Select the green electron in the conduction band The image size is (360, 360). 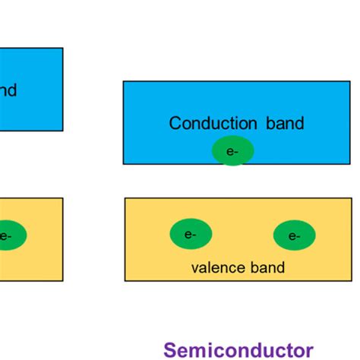click(x=232, y=151)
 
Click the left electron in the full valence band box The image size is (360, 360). click(x=191, y=234)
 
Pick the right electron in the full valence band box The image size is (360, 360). click(x=294, y=235)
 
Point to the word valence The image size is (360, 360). click(x=216, y=267)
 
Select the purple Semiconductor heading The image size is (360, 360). click(x=238, y=349)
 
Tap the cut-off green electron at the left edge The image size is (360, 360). click(x=9, y=235)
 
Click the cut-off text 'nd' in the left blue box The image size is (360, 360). click(x=8, y=91)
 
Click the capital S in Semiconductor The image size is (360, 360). click(x=170, y=349)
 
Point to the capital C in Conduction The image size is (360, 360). click(x=175, y=123)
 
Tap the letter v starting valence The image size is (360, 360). click(x=194, y=267)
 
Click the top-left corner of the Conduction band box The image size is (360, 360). click(x=124, y=82)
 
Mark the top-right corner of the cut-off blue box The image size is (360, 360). click(x=62, y=49)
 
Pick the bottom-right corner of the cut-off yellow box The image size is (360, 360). click(x=62, y=280)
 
